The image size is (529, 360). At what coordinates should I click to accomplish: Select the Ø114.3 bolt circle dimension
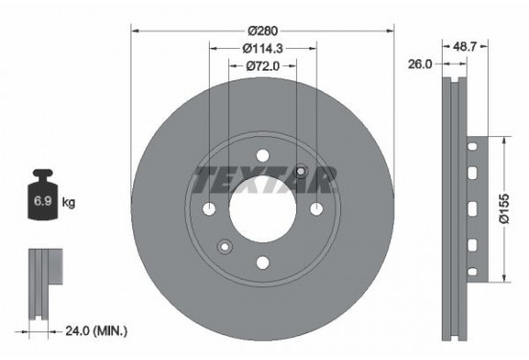tap(262, 49)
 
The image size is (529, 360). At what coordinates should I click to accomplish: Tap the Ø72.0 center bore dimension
tap(262, 66)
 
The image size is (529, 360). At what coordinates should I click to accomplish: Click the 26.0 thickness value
tap(420, 64)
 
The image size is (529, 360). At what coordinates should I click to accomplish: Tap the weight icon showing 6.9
tap(43, 199)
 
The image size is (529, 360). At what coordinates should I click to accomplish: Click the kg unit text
tap(68, 203)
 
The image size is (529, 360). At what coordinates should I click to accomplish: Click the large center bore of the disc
tap(263, 209)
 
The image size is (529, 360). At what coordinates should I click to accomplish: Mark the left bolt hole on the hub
tap(209, 210)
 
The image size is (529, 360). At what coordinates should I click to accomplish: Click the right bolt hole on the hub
tap(316, 210)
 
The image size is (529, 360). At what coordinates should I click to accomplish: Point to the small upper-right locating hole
tap(301, 171)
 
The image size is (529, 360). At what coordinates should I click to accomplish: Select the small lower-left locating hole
tap(224, 247)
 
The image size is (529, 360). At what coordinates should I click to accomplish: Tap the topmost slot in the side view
tap(472, 146)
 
